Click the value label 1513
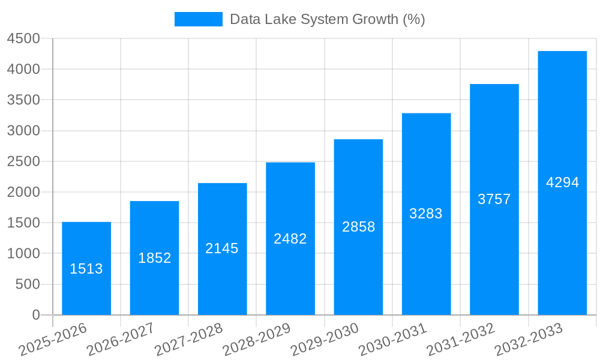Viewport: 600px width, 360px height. [x=86, y=269]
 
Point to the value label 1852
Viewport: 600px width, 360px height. [x=155, y=258]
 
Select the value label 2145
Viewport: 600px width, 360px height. [x=222, y=248]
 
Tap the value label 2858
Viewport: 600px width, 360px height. [x=359, y=227]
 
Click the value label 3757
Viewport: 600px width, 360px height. [x=494, y=199]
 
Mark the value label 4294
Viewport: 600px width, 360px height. [x=562, y=182]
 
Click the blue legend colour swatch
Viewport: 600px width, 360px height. [x=198, y=19]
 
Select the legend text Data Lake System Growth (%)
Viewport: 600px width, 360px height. [x=328, y=19]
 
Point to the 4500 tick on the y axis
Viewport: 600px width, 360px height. [x=23, y=39]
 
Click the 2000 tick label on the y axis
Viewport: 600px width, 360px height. [x=23, y=193]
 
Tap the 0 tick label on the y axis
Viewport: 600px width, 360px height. [x=36, y=315]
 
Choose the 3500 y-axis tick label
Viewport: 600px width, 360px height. [x=23, y=100]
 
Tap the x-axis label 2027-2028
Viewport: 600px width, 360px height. [x=189, y=340]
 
